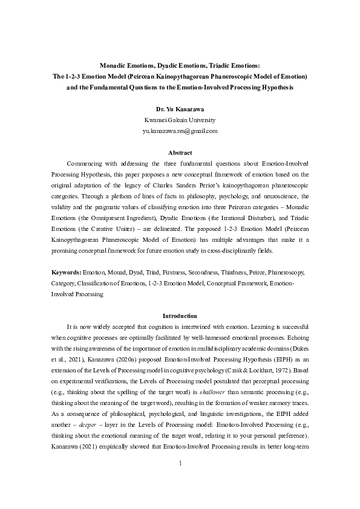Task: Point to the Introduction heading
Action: [x=180, y=316]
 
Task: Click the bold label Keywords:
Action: [x=66, y=273]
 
